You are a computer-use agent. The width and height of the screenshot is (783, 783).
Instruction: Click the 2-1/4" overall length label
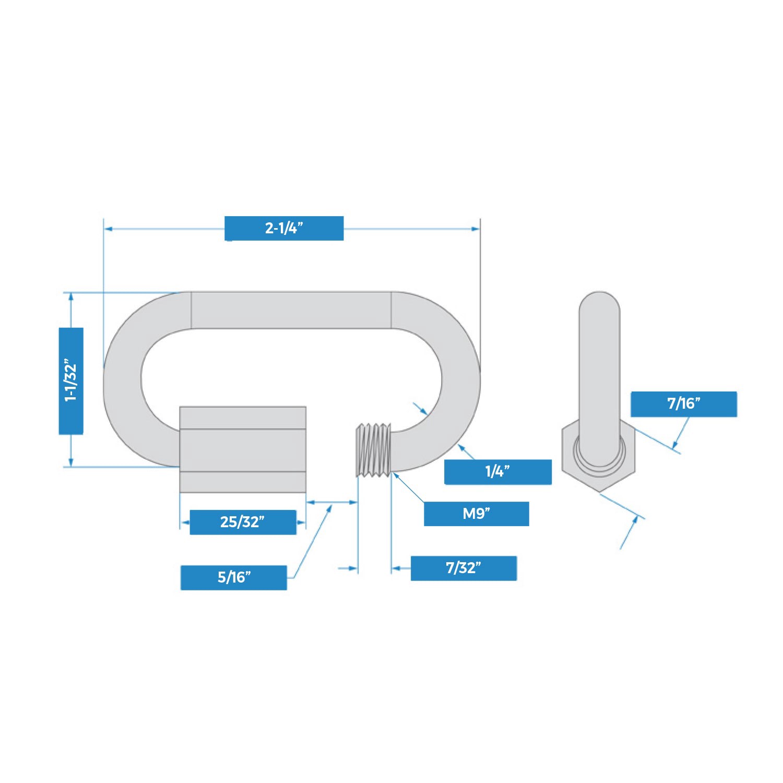tap(283, 228)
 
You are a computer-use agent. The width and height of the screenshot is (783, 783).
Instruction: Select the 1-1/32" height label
tap(71, 381)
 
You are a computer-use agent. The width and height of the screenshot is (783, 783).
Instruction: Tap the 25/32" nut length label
tap(243, 522)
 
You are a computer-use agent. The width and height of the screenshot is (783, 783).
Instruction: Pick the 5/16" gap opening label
tap(233, 577)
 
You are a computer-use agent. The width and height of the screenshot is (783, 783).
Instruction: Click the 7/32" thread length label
tap(464, 568)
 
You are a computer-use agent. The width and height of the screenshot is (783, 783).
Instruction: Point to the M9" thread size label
tap(476, 514)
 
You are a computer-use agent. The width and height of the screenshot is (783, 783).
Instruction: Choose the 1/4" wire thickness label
tap(497, 472)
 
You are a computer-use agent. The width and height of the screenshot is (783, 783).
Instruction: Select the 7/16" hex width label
tap(683, 404)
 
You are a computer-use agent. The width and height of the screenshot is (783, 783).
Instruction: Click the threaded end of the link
tap(373, 450)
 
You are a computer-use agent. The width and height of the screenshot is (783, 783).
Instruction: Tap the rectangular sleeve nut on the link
tap(243, 449)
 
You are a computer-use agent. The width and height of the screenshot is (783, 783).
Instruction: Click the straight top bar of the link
tap(291, 310)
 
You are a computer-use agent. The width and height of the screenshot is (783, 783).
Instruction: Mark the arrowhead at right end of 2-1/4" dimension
tap(476, 229)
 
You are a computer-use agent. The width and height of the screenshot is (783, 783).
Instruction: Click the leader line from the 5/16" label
tap(311, 543)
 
